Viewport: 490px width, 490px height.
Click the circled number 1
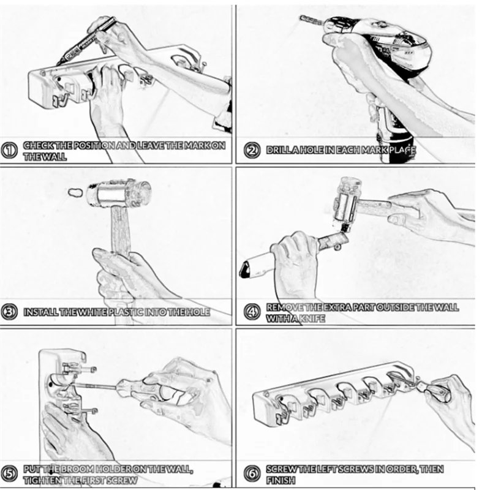click(9, 151)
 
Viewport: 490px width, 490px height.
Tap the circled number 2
click(252, 150)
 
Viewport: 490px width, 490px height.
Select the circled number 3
click(9, 312)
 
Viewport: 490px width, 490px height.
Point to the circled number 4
click(252, 312)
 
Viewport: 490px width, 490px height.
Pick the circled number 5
click(9, 473)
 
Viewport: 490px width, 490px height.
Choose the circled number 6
click(252, 473)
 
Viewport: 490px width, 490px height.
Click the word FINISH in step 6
click(281, 480)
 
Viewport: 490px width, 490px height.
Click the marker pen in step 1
click(86, 40)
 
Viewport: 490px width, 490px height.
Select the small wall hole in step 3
click(75, 192)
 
